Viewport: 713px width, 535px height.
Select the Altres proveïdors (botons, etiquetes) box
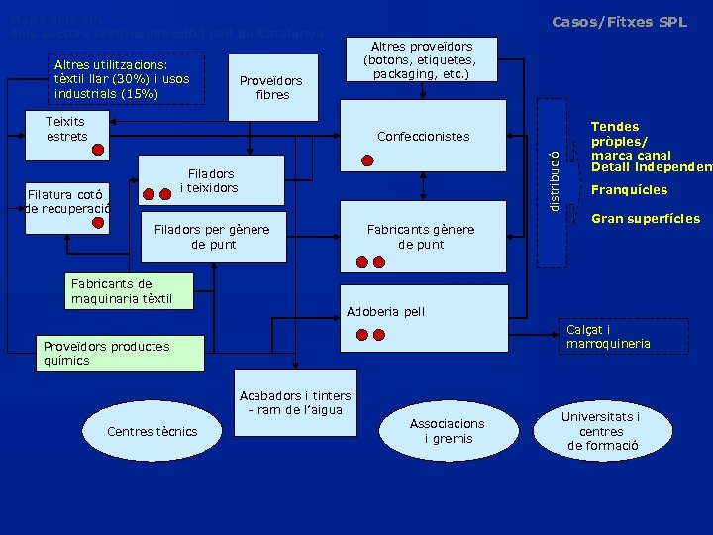pyautogui.click(x=422, y=60)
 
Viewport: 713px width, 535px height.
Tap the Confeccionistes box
pyautogui.click(x=423, y=137)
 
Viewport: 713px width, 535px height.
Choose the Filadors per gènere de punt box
pyautogui.click(x=212, y=237)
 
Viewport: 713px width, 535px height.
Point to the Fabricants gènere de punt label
pyautogui.click(x=421, y=237)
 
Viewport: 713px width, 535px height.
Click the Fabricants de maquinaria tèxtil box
pyautogui.click(x=122, y=291)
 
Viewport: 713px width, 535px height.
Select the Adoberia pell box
pyautogui.click(x=385, y=312)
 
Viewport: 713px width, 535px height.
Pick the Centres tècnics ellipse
pyautogui.click(x=153, y=431)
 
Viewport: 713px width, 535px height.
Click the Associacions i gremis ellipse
pyautogui.click(x=448, y=431)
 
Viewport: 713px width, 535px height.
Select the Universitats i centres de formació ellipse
pyautogui.click(x=601, y=431)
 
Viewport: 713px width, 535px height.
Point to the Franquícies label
pyautogui.click(x=629, y=190)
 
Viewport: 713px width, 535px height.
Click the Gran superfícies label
pyautogui.click(x=646, y=219)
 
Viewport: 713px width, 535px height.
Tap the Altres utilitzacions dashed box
pyautogui.click(x=128, y=78)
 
